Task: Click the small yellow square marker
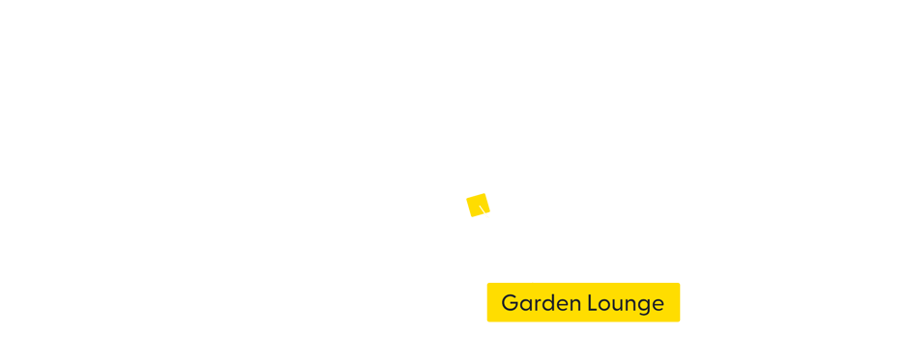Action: [478, 205]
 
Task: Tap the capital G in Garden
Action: [510, 303]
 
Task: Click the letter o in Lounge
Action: [604, 305]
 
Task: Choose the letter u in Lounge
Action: [618, 305]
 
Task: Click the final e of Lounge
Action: [658, 305]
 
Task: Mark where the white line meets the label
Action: [533, 282]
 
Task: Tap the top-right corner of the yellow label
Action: [680, 283]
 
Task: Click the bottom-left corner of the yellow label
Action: [487, 321]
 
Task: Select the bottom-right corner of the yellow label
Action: [680, 321]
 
